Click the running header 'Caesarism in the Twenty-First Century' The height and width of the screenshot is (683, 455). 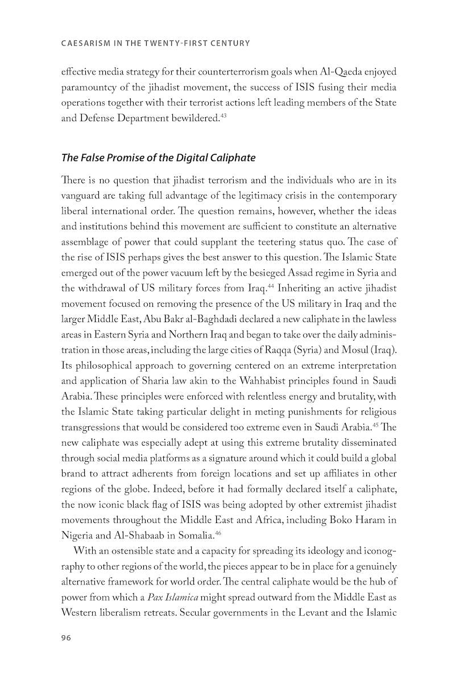click(155, 43)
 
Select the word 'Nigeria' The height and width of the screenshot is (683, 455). click(78, 534)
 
